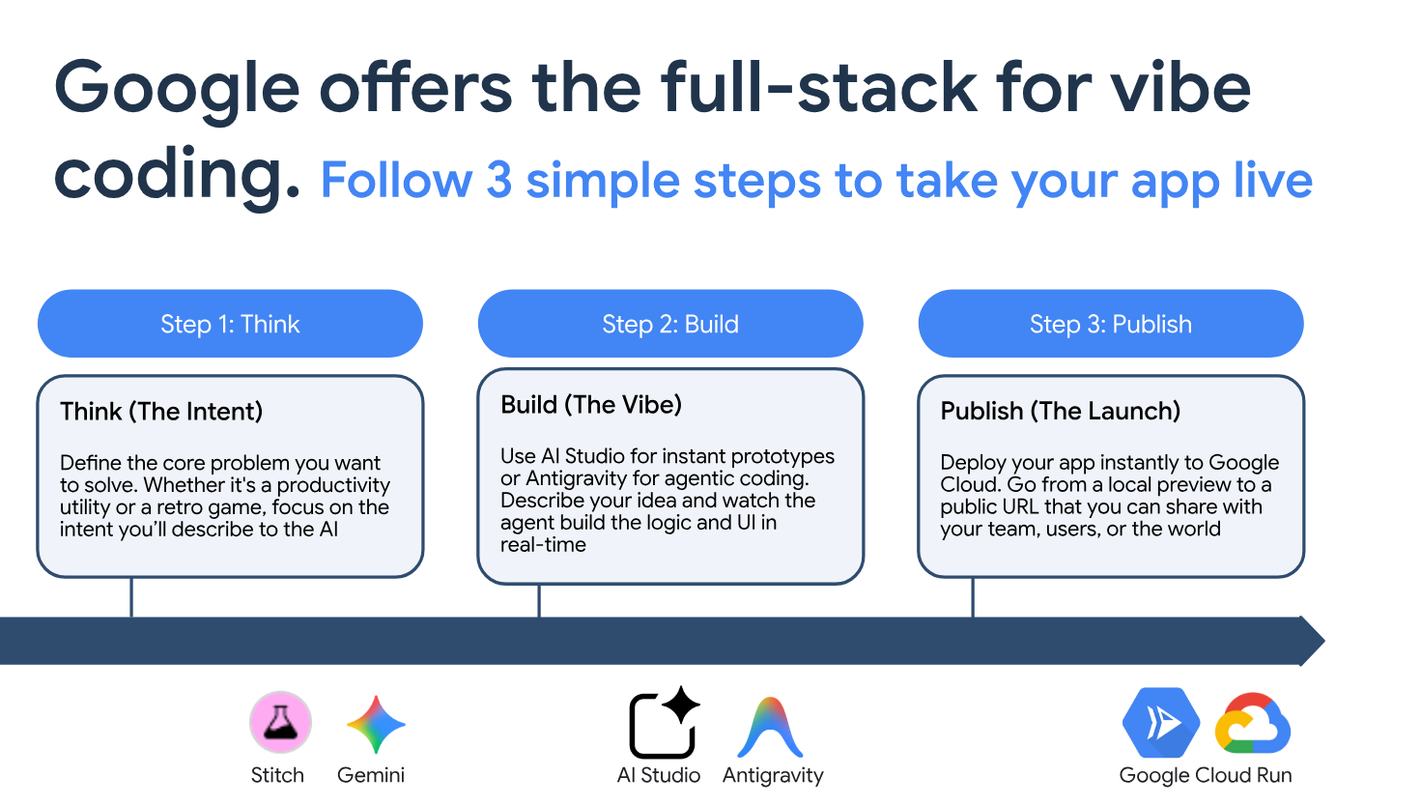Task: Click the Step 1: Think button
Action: [230, 324]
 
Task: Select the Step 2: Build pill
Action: [670, 324]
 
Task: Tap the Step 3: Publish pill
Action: [1111, 324]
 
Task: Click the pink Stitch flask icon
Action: [280, 722]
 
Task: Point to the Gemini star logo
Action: [376, 724]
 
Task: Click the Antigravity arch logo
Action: [770, 728]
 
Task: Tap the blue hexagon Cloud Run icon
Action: [1161, 723]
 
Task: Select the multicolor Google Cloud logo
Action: [1253, 724]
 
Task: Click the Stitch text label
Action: [277, 775]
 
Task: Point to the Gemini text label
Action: [371, 775]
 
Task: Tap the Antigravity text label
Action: [773, 775]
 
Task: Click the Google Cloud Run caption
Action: [1206, 775]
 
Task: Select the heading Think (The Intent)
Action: [161, 412]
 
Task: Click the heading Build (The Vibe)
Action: [591, 405]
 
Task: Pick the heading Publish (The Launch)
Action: [1060, 412]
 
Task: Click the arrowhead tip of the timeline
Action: [1324, 641]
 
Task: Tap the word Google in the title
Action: [177, 90]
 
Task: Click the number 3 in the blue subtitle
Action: [499, 181]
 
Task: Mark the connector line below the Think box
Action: [131, 597]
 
